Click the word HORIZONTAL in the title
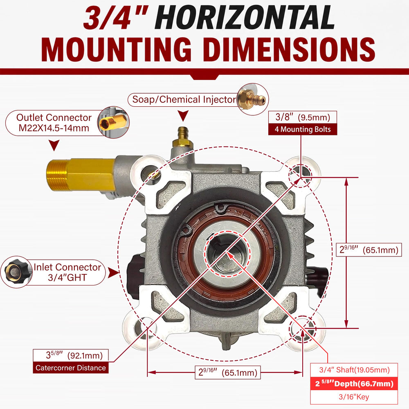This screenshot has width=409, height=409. click(x=245, y=18)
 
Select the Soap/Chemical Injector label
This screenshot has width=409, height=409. click(x=184, y=99)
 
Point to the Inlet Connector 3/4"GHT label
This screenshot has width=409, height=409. click(x=67, y=272)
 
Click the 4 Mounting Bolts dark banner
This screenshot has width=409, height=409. click(x=303, y=129)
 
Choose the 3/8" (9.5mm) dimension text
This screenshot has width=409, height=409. click(x=303, y=117)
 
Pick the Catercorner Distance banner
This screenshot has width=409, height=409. click(x=71, y=368)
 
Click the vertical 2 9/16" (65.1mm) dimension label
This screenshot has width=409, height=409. click(x=369, y=250)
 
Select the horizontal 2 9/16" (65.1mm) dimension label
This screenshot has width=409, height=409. click(x=228, y=372)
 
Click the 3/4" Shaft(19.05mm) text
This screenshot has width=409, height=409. click(x=354, y=370)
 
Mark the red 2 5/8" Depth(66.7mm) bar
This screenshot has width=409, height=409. click(x=354, y=384)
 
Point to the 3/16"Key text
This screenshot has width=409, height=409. click(x=354, y=397)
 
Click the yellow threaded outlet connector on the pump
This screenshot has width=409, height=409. click(x=81, y=174)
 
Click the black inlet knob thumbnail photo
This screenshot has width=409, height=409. click(x=16, y=272)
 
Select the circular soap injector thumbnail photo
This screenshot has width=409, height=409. click(x=253, y=99)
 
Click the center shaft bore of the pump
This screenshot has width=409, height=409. click(x=227, y=252)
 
